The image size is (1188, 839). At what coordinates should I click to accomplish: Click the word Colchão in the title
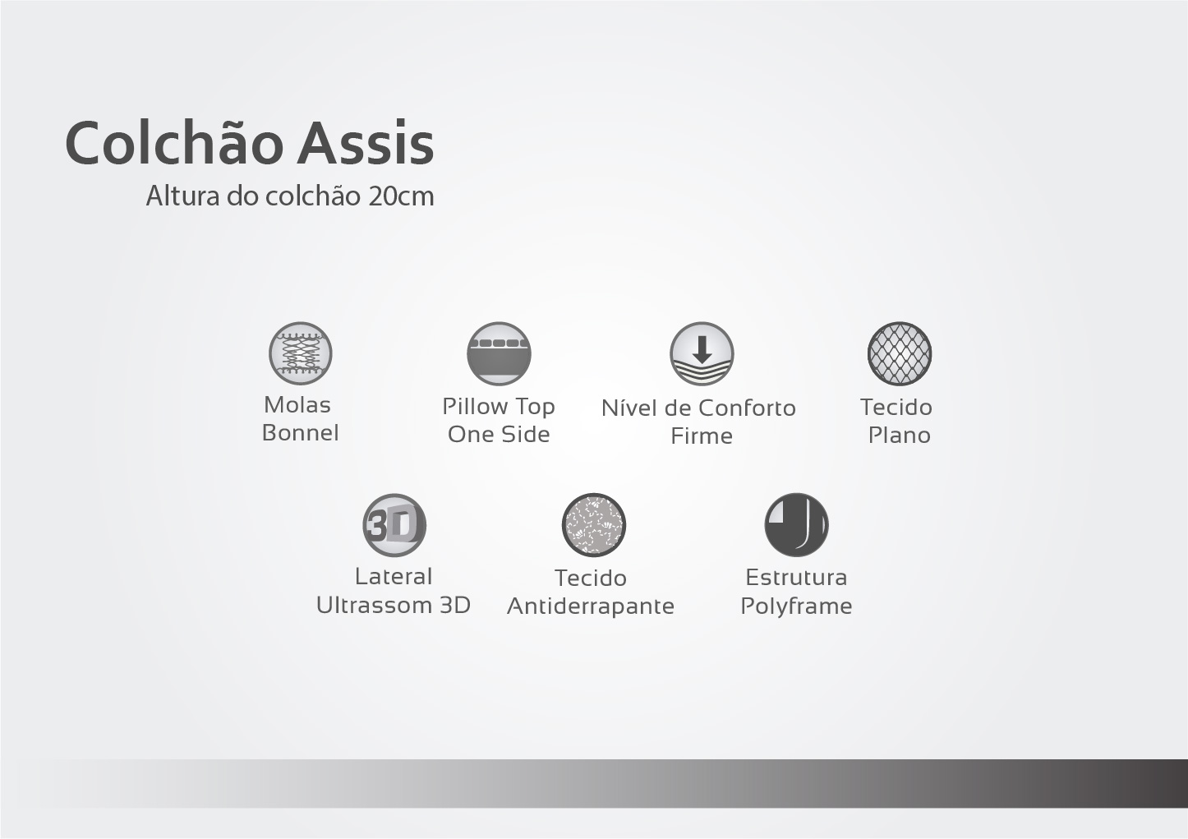[174, 142]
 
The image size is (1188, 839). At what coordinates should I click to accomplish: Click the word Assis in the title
[366, 143]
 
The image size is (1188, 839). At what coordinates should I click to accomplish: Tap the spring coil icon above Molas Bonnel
[300, 353]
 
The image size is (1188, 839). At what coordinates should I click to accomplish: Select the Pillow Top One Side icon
[499, 353]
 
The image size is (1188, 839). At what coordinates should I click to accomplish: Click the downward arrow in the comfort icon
[702, 349]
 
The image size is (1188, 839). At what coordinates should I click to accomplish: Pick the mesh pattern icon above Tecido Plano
[900, 353]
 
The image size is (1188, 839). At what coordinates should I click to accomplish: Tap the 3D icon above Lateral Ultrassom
[394, 525]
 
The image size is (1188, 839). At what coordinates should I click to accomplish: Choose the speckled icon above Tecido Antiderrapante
[593, 525]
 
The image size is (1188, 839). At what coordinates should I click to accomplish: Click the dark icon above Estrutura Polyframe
[796, 525]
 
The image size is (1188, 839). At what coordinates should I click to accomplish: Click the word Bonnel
[300, 433]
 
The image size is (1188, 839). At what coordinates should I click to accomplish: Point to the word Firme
[701, 436]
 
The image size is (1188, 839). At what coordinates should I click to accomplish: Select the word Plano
[900, 436]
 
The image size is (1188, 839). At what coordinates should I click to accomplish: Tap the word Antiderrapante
[590, 606]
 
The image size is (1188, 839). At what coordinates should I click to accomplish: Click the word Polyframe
[796, 606]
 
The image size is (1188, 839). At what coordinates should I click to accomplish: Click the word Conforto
[747, 408]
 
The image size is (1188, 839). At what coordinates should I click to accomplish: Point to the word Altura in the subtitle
[183, 196]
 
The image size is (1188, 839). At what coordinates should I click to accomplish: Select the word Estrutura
[796, 578]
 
